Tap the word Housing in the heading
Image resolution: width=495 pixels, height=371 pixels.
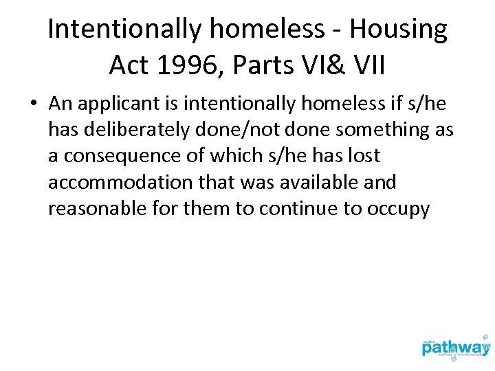click(x=398, y=30)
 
